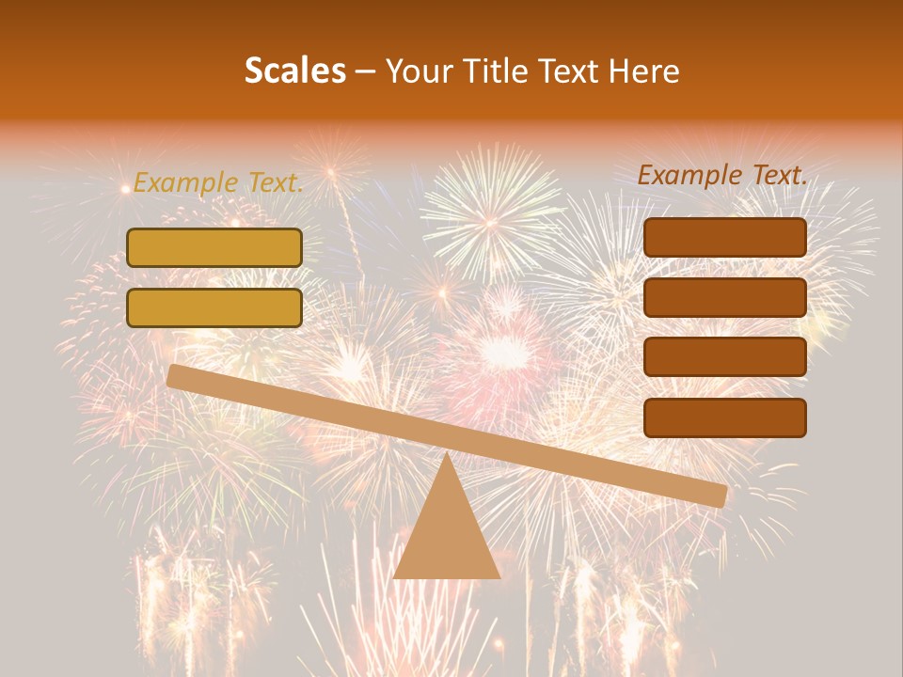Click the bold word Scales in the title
coord(294,71)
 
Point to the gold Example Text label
coord(218,182)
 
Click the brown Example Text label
coord(722,175)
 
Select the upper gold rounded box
coord(214,247)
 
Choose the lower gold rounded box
coord(214,307)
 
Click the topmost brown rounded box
coord(724,238)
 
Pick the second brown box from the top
coord(724,297)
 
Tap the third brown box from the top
coord(724,357)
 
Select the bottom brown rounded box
coord(724,417)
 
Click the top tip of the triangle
coord(447,455)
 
